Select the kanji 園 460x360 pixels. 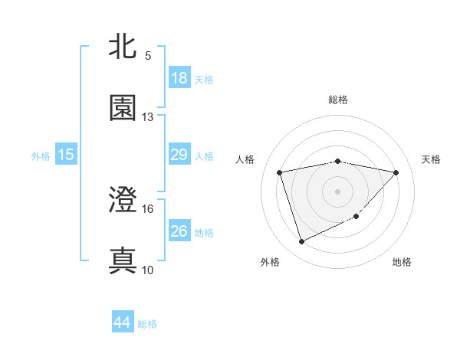tap(123, 108)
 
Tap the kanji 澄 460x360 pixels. tap(123, 201)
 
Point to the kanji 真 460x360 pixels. tap(123, 260)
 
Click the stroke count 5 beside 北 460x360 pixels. tap(148, 56)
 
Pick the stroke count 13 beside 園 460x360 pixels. tap(148, 117)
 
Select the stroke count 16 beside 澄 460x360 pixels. tap(148, 208)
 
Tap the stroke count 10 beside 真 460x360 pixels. tap(148, 270)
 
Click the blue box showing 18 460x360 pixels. tap(179, 78)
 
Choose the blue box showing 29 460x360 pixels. tap(179, 155)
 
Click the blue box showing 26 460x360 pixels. tap(179, 231)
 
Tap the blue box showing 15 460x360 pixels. tap(66, 155)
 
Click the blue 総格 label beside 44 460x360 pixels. tap(147, 325)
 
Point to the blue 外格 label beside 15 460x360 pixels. tap(41, 156)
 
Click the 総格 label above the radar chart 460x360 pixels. tap(338, 100)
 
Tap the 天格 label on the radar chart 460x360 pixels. tap(431, 159)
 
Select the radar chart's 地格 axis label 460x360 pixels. tap(402, 263)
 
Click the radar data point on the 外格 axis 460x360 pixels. tap(301, 242)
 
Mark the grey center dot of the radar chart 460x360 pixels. tap(338, 191)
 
